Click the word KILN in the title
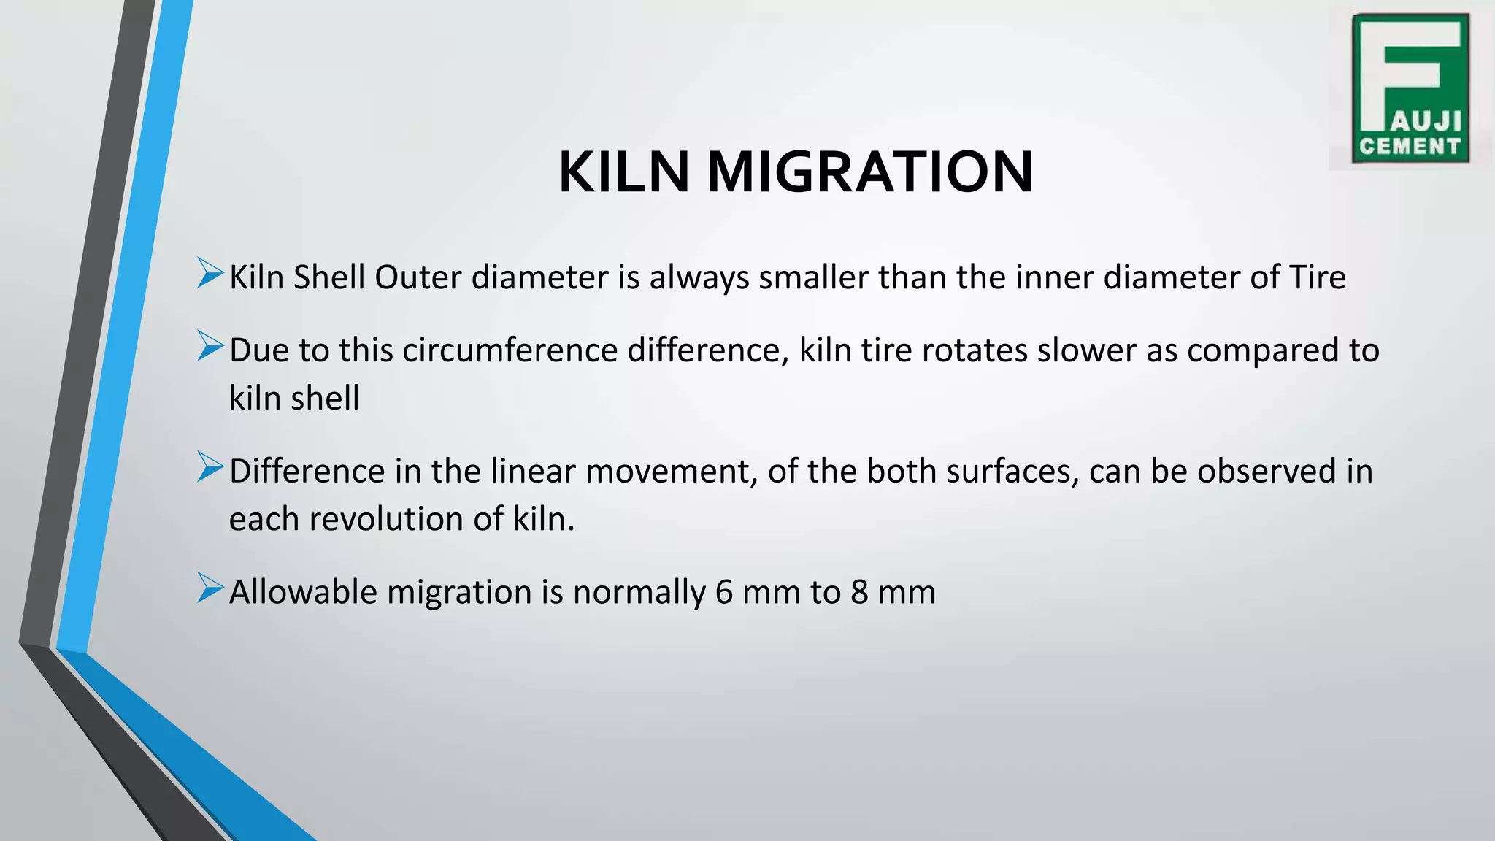click(623, 172)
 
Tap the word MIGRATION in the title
click(869, 172)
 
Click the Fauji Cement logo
click(1410, 88)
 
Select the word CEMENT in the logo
click(1410, 147)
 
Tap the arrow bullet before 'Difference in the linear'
click(210, 467)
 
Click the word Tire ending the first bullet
click(1317, 277)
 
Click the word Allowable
click(303, 591)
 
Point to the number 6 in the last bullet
click(723, 591)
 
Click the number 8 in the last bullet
click(859, 591)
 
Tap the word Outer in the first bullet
click(418, 277)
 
